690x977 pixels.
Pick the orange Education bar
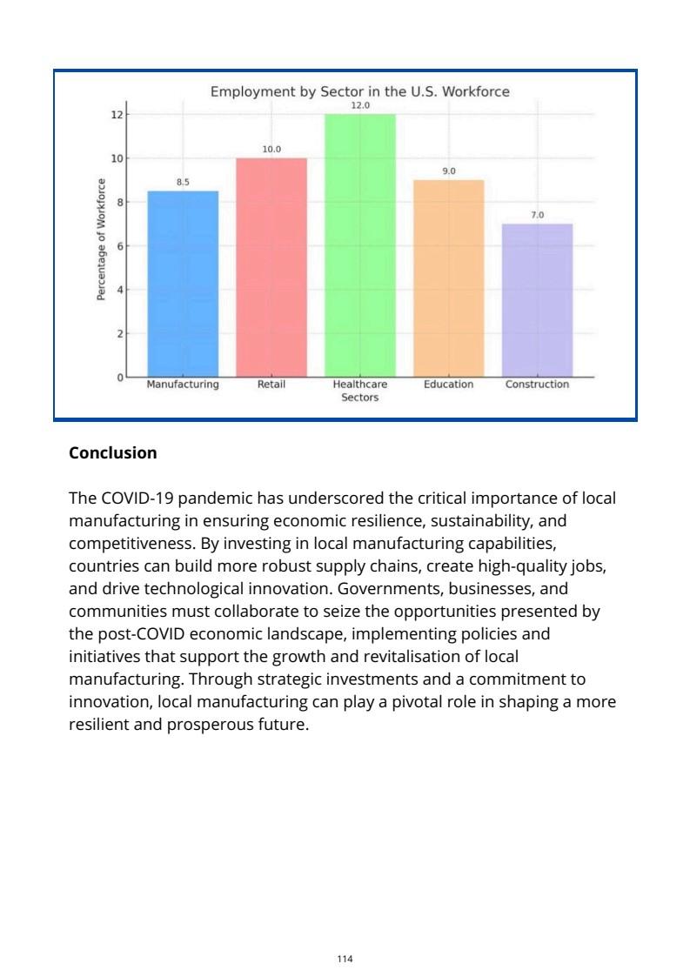[448, 278]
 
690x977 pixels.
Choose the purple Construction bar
[537, 300]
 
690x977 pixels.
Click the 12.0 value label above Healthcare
[360, 105]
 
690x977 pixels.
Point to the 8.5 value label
[183, 182]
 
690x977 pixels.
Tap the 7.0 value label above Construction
[537, 215]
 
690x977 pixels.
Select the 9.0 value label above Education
[448, 171]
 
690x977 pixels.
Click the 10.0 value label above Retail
[271, 150]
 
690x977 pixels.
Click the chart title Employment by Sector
[360, 91]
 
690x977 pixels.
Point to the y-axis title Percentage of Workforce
[101, 240]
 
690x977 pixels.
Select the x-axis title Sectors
[360, 398]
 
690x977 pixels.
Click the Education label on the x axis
[448, 385]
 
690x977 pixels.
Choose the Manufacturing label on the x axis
[183, 385]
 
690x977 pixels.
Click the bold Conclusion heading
[113, 453]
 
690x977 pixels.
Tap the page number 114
[345, 959]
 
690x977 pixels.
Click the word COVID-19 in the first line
[137, 499]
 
